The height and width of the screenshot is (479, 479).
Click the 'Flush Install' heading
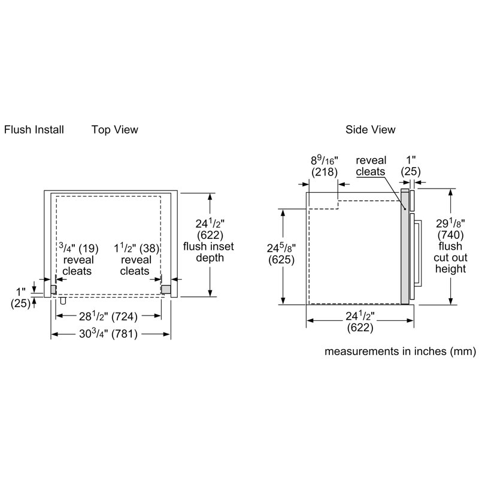point(34,129)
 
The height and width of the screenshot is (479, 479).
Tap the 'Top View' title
point(115,130)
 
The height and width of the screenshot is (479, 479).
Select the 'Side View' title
point(370,129)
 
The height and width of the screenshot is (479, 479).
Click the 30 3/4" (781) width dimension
point(108,334)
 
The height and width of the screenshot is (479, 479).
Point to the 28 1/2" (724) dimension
point(108,317)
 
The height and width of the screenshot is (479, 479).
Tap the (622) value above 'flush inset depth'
point(210,235)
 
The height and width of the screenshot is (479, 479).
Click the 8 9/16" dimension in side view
point(325,160)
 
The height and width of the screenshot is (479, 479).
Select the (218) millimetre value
point(325,172)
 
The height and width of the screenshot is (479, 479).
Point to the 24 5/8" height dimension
point(281,248)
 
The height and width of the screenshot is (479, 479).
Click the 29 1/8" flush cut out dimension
point(450,223)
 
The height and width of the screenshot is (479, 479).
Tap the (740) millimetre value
point(451,235)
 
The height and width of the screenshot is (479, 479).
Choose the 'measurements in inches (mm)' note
point(400,351)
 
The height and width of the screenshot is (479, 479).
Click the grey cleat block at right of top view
point(166,289)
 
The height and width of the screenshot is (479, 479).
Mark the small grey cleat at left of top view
point(53,289)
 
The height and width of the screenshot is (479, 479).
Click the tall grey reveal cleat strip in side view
point(405,246)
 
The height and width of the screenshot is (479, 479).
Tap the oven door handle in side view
point(418,253)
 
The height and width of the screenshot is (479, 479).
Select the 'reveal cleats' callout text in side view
point(371,166)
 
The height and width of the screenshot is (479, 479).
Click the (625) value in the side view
point(281,260)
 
